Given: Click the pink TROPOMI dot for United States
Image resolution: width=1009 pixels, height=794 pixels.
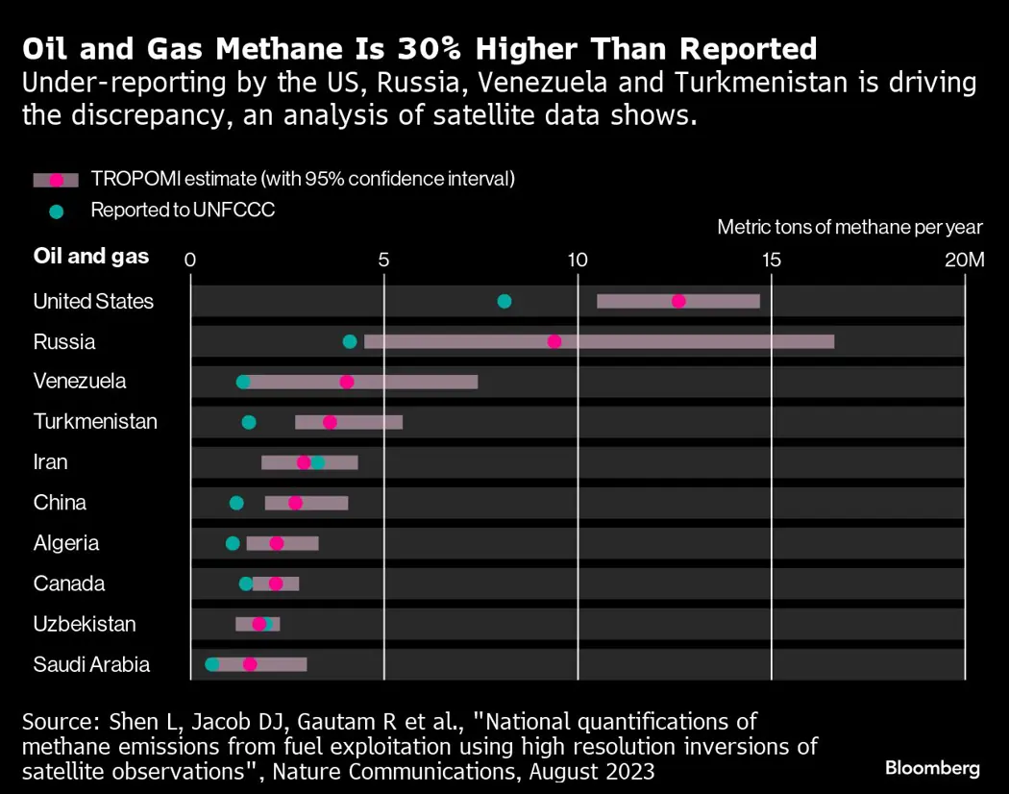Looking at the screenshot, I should tap(678, 301).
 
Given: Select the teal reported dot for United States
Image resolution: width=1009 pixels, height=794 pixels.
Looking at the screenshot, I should tap(504, 301).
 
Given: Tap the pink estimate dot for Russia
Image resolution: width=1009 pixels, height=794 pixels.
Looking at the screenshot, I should tap(554, 341).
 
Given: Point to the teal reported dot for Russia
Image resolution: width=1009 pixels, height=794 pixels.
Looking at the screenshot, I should tap(350, 341).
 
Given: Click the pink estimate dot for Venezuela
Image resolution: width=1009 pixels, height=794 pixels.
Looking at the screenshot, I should tap(347, 382).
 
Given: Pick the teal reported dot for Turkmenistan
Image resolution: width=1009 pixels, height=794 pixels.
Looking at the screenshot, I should tap(249, 422).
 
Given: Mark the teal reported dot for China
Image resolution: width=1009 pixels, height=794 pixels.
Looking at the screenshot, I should tap(236, 503).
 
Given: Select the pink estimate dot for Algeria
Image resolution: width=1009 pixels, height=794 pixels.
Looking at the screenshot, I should tap(277, 543).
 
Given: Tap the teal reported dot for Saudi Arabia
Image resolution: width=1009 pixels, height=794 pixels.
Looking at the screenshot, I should tap(212, 664).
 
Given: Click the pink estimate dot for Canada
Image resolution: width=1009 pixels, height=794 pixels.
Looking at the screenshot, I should tap(276, 583).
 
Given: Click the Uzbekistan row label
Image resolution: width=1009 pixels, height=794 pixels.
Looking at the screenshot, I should tap(85, 624).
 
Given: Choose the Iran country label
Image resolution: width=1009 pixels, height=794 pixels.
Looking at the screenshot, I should tap(51, 462).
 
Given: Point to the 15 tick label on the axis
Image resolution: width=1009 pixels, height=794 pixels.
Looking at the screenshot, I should tap(772, 260).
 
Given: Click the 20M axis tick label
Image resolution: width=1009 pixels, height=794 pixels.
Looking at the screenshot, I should tap(964, 260).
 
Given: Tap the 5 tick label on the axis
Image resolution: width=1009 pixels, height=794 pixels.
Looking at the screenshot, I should tap(383, 260).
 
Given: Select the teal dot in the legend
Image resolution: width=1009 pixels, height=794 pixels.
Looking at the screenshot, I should tap(56, 211).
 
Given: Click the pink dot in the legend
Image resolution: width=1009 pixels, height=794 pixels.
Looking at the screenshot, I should tap(56, 180).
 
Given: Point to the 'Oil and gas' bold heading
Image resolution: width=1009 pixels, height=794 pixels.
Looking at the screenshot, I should tap(91, 256).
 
